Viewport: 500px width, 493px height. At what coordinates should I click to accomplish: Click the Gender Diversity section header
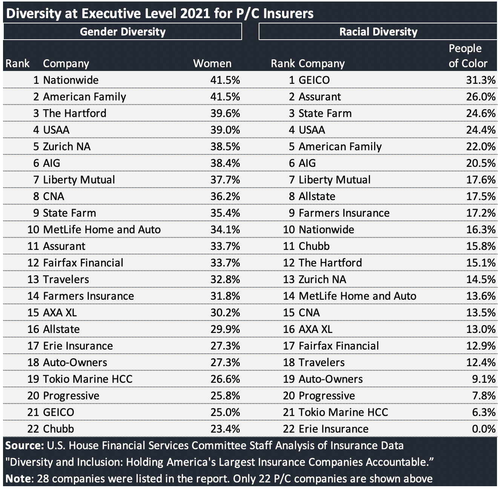point(123,31)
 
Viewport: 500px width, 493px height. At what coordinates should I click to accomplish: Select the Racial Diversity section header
point(378,31)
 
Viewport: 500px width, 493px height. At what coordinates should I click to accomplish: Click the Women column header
point(212,63)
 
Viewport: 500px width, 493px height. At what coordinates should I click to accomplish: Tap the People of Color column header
point(468,56)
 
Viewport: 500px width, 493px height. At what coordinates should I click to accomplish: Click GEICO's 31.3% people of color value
point(480,80)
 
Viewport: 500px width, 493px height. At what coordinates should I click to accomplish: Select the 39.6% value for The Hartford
point(225,113)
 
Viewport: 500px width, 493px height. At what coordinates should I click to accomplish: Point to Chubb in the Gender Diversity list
point(58,429)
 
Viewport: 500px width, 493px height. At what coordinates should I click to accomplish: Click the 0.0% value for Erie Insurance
point(483,429)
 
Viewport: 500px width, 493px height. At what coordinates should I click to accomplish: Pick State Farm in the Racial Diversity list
point(325,113)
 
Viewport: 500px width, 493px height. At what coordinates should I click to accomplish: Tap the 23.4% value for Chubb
point(225,429)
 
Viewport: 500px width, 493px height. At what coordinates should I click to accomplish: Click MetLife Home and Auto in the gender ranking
point(102,230)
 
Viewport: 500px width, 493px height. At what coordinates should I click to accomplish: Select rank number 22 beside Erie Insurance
point(289,429)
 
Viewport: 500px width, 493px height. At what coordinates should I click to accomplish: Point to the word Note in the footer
point(18,479)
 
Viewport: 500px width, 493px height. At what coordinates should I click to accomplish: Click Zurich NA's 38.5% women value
point(225,146)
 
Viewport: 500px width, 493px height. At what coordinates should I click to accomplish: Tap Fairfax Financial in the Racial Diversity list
point(339,346)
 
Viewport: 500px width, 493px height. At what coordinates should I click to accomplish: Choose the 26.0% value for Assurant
point(480,97)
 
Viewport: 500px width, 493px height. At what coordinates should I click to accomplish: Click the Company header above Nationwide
point(66,63)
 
